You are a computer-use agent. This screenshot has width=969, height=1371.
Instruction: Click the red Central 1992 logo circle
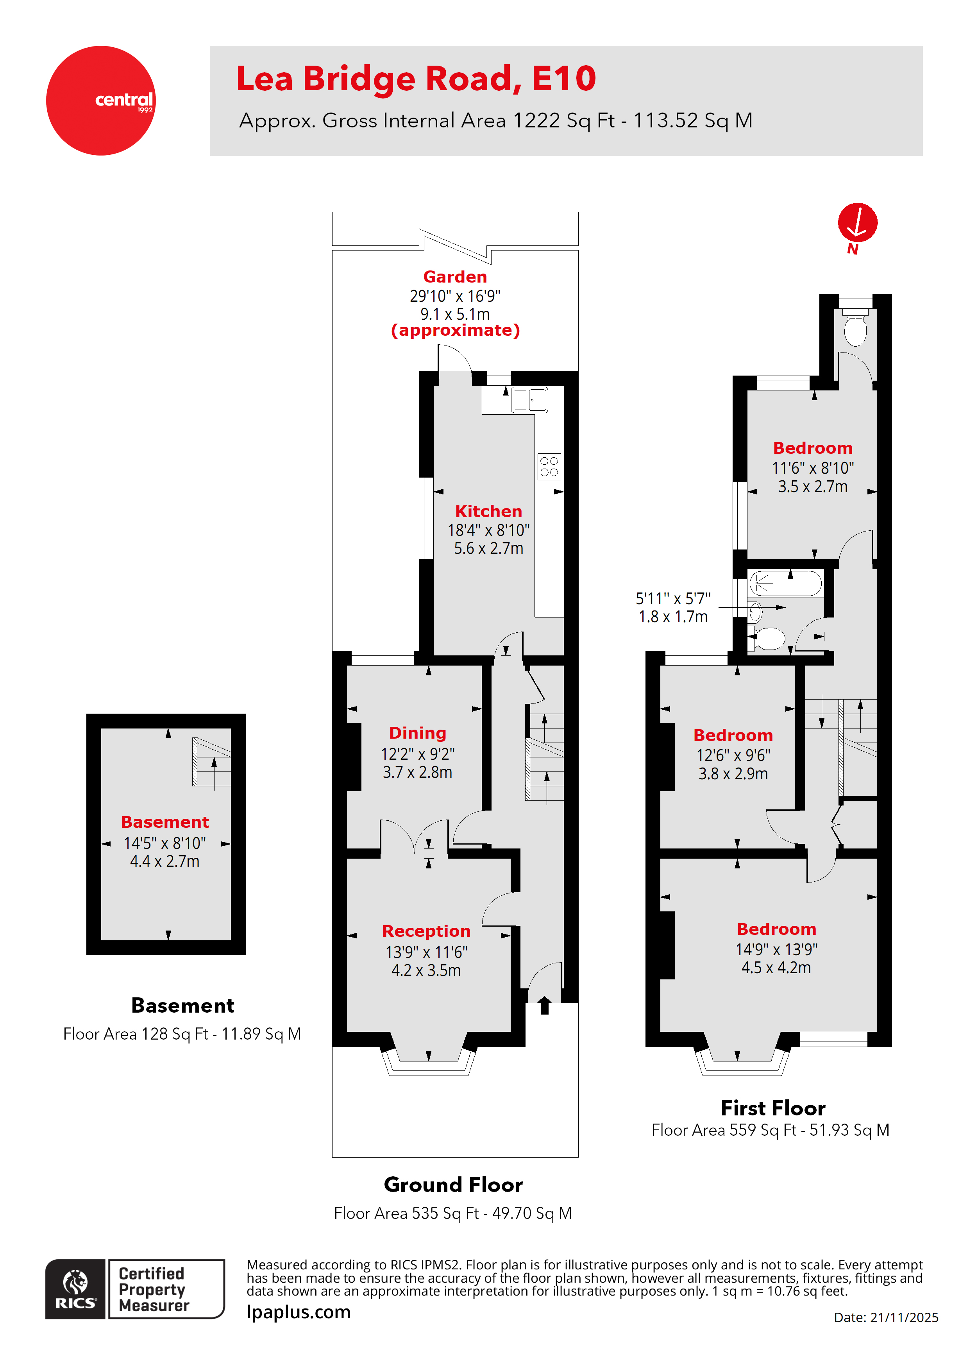pos(101,100)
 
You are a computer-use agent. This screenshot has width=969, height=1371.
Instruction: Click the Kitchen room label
pos(488,511)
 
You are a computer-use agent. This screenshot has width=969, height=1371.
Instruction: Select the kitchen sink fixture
pos(529,400)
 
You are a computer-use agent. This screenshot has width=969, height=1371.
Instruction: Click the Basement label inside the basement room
pos(165,822)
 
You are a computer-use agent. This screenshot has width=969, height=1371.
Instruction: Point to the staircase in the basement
pos(212,762)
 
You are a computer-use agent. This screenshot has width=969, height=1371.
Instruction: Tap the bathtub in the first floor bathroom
pos(786,583)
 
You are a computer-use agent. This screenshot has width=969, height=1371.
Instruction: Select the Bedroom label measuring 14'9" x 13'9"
pos(776,929)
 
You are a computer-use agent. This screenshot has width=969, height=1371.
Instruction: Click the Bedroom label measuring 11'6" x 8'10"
pos(813,448)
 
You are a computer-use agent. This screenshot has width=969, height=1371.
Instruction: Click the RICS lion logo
pos(75,1289)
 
